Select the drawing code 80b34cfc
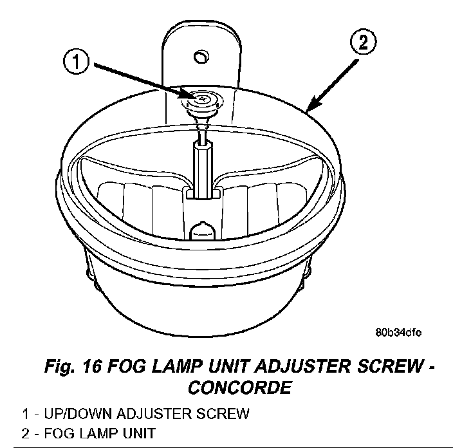[399, 333]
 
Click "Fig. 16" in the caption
[69, 368]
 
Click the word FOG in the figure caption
[126, 368]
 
